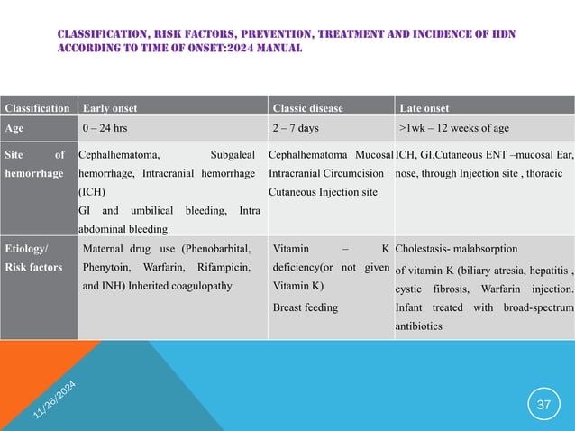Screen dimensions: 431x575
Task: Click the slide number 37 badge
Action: tap(543, 405)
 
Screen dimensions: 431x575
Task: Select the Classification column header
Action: tap(38, 108)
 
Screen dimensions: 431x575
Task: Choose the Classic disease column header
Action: tap(307, 108)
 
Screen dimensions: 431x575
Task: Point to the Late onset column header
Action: tap(424, 108)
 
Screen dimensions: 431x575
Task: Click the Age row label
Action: tap(14, 128)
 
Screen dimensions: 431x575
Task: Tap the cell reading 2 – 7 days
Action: tap(295, 128)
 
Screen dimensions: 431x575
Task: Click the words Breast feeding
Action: tap(305, 307)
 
